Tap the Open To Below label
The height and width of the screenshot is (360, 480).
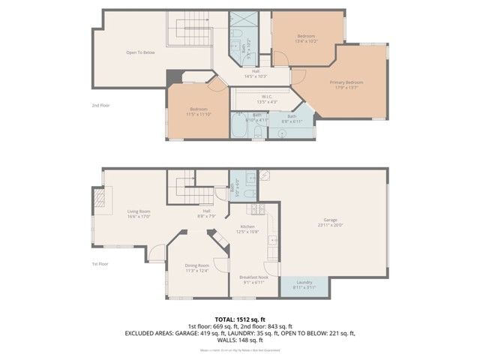point(140,52)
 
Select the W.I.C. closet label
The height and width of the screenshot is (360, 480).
point(266,98)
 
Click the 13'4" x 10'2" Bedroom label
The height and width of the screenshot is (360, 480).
point(306,37)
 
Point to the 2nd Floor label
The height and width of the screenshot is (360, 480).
point(100,105)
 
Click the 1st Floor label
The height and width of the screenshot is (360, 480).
point(100,264)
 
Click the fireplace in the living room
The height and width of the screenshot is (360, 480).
point(98,198)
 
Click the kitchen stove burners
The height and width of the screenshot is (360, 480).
point(256,211)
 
